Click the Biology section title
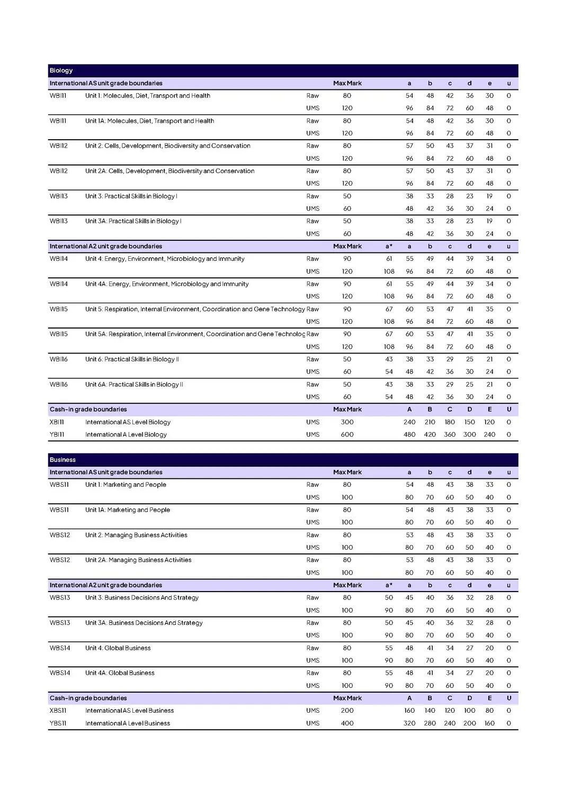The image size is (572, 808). [61, 70]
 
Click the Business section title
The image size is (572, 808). [62, 460]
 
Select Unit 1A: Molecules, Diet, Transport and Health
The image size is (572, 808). [149, 121]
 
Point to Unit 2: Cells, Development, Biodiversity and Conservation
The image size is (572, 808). [167, 146]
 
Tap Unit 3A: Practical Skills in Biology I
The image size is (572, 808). [133, 221]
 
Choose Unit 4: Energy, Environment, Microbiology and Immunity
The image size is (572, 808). [165, 259]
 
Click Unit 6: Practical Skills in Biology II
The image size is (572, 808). [132, 359]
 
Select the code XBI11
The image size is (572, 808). [57, 422]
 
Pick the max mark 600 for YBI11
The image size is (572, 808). [347, 434]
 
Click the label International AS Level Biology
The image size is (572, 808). [128, 422]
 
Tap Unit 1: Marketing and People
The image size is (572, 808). [126, 485]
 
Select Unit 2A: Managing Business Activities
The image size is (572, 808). [138, 560]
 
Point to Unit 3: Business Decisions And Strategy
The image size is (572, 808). [142, 597]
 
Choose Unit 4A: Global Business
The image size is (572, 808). [120, 673]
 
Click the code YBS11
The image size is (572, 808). [58, 723]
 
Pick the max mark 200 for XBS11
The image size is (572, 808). [347, 711]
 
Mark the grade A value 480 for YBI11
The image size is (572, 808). [409, 434]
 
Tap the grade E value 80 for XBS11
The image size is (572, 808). [489, 711]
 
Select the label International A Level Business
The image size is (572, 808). [128, 723]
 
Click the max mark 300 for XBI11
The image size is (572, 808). [347, 422]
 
